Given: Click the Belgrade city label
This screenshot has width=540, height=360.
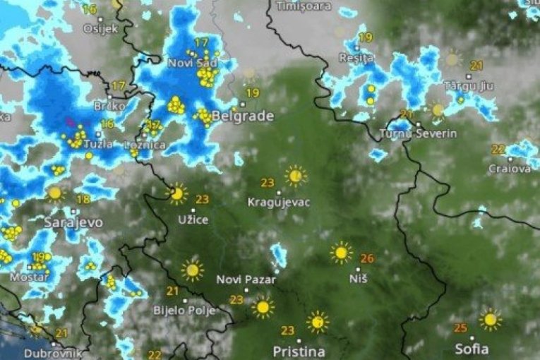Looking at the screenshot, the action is coord(242,116).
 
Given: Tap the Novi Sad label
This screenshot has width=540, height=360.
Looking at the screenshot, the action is coord(190,63).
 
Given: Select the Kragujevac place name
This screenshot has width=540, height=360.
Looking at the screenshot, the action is coord(279,202).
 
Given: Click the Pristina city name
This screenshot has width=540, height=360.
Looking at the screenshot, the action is coord(299,351).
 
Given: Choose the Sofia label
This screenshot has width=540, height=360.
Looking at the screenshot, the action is coord(472,349).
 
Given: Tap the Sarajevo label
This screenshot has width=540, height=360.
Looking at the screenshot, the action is coord(73,222).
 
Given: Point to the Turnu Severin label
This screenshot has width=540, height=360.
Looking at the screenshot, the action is coord(418,133).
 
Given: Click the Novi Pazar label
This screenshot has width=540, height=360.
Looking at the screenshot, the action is coord(246,280).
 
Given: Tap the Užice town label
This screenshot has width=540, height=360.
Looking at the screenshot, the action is coord(193,220).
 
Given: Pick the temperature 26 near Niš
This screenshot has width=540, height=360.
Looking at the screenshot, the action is coord(367,258).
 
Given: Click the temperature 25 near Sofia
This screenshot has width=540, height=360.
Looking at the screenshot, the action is coord(461,328).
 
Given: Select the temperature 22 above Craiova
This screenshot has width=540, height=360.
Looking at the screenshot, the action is coord(498,150).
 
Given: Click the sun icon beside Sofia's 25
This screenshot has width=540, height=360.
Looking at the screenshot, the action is coord(489,319).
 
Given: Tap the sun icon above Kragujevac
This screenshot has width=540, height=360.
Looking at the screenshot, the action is coord(296,175).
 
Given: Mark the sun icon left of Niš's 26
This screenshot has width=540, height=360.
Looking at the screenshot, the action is coord(342,252).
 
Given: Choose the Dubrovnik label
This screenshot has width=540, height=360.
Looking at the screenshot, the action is coord(52,353).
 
